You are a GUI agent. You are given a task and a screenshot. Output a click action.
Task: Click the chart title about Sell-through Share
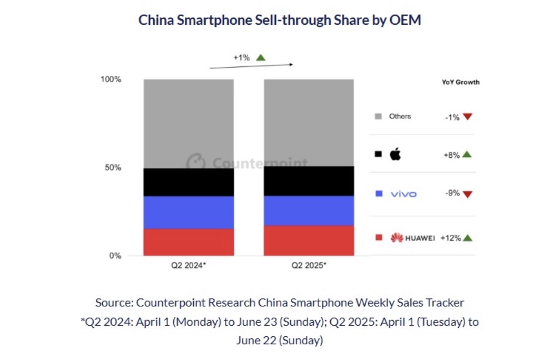[279, 20]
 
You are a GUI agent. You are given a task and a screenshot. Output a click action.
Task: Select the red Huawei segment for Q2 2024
[189, 242]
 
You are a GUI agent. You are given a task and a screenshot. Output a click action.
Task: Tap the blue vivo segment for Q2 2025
[309, 211]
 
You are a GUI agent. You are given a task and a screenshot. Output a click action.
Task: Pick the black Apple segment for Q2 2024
[189, 182]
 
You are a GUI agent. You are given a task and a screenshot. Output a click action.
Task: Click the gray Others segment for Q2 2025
[309, 123]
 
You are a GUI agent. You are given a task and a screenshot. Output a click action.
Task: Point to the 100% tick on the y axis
[111, 79]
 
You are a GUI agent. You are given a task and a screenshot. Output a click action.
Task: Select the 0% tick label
[115, 256]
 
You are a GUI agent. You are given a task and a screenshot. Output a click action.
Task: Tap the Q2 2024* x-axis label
[189, 266]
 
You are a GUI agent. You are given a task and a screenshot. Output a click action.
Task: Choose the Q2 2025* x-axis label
[309, 266]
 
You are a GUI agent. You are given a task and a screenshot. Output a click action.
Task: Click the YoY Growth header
[460, 83]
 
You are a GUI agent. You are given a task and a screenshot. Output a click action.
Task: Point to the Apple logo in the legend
[395, 154]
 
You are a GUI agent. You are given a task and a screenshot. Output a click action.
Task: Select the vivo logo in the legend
[403, 194]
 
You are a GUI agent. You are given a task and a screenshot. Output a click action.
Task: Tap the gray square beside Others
[378, 116]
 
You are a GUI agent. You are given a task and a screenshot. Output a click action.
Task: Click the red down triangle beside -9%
[468, 194]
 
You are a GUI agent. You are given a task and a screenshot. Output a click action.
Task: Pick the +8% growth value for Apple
[452, 155]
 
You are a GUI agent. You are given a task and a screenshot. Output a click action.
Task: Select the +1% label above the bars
[242, 58]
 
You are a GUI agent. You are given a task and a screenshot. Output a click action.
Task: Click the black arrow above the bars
[251, 66]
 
